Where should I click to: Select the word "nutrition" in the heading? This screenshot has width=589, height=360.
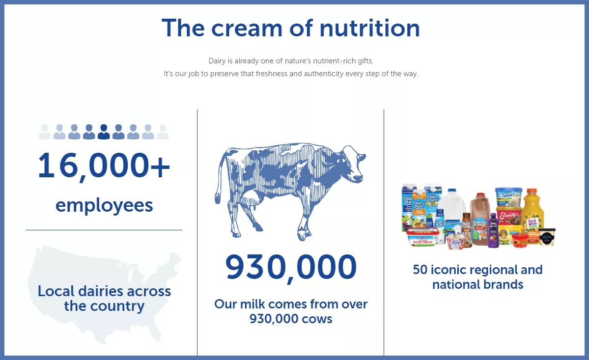point(369,28)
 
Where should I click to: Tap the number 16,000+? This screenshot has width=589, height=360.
point(104,166)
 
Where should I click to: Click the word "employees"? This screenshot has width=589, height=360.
point(104,205)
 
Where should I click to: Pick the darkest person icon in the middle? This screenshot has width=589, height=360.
point(104,132)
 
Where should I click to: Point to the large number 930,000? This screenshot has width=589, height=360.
point(291,267)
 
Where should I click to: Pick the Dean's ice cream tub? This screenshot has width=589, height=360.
point(507,197)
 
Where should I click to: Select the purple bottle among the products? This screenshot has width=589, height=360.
point(493,230)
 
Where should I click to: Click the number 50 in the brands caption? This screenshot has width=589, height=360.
point(420,270)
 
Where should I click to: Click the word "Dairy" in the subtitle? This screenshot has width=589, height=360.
point(217,61)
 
